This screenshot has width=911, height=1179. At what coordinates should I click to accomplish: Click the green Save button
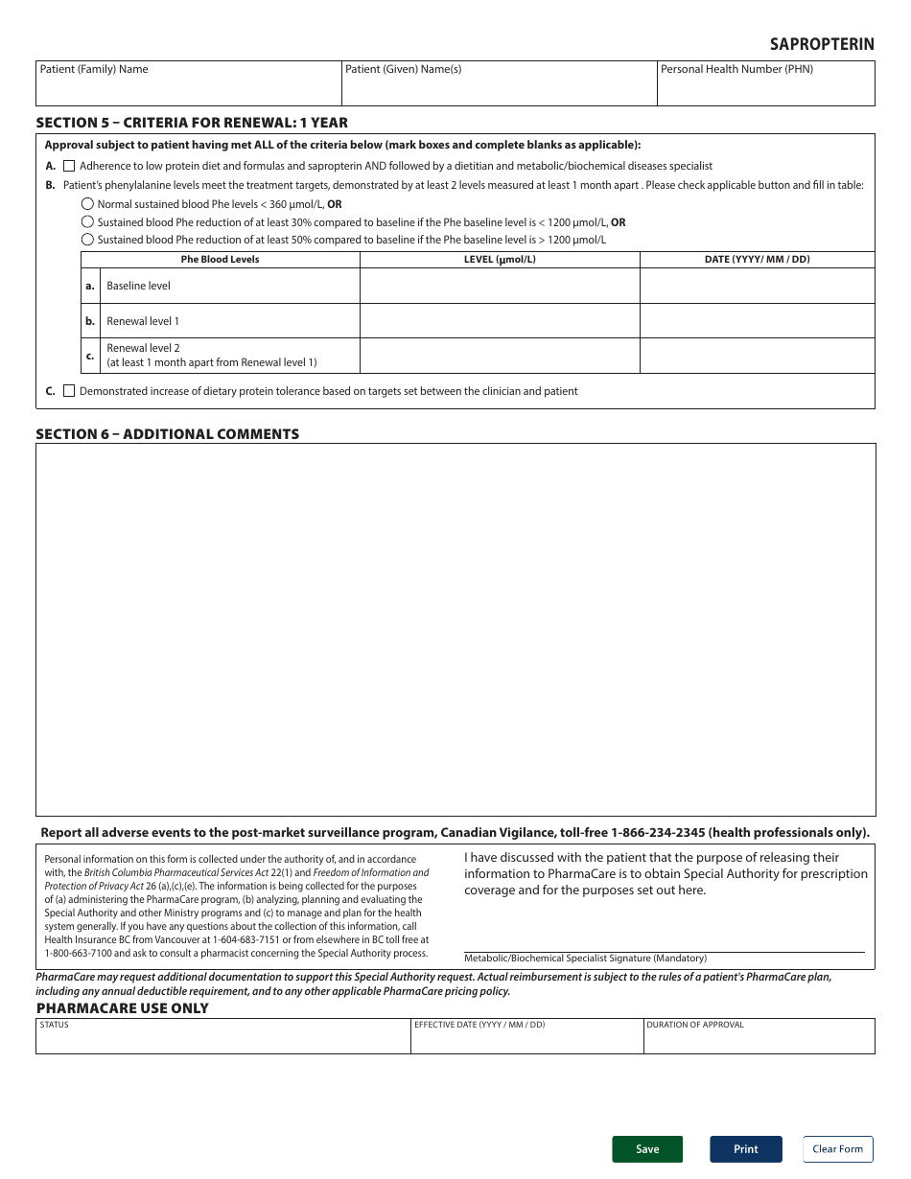pyautogui.click(x=647, y=1149)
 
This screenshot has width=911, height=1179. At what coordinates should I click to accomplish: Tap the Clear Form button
pyautogui.click(x=837, y=1149)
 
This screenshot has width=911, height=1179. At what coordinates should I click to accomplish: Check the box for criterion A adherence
pyautogui.click(x=69, y=166)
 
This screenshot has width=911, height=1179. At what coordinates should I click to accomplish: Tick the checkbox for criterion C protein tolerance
pyautogui.click(x=69, y=391)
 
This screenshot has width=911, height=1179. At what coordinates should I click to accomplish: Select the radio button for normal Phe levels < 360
pyautogui.click(x=87, y=204)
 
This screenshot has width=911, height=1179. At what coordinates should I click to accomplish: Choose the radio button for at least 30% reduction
pyautogui.click(x=87, y=222)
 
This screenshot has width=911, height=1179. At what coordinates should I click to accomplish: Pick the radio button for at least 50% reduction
pyautogui.click(x=87, y=240)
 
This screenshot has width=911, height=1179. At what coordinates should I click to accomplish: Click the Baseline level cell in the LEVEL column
pyautogui.click(x=499, y=286)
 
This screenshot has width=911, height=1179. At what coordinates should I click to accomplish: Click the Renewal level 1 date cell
pyautogui.click(x=757, y=321)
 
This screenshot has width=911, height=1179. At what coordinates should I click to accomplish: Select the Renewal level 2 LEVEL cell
pyautogui.click(x=499, y=356)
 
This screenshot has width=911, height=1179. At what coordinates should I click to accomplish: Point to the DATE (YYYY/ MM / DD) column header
pyautogui.click(x=757, y=260)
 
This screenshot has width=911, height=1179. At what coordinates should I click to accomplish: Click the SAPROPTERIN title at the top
pyautogui.click(x=822, y=44)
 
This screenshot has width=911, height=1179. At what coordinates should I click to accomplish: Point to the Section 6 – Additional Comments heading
pyautogui.click(x=168, y=434)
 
